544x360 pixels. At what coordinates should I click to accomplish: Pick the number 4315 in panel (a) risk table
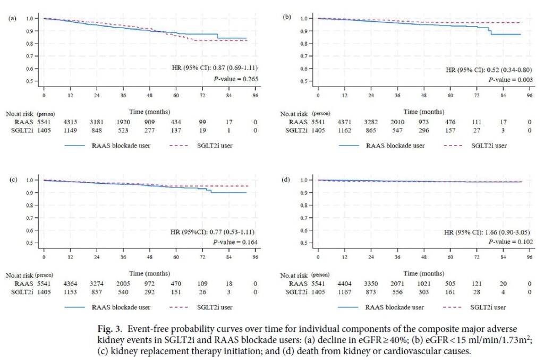[71, 122]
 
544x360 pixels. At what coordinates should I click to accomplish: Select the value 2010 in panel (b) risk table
[398, 122]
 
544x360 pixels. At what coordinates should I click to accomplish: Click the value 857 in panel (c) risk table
[97, 292]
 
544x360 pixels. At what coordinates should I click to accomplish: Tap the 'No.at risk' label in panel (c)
[19, 276]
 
